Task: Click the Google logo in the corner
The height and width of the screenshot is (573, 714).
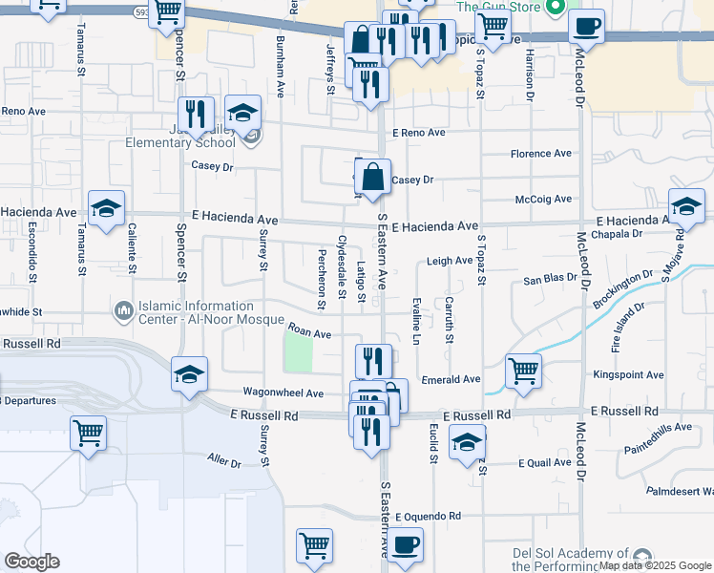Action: click(32, 562)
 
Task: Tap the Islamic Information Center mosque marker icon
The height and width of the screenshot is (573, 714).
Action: click(122, 311)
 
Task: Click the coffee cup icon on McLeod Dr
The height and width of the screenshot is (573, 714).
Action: click(586, 26)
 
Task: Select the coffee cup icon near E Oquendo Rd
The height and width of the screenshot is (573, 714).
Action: click(405, 545)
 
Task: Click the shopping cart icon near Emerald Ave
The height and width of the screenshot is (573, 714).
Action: click(523, 371)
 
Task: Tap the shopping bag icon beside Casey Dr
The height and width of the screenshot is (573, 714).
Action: click(371, 177)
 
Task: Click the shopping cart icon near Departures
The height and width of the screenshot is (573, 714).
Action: click(88, 432)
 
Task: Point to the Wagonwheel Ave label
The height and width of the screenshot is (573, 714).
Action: click(283, 393)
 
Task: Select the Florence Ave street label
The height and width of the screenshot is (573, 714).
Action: click(540, 154)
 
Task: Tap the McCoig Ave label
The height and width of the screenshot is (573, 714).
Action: click(543, 199)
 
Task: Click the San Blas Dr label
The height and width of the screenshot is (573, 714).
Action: click(551, 280)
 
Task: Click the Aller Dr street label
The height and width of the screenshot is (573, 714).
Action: click(224, 462)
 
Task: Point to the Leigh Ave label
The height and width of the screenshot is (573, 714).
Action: click(450, 261)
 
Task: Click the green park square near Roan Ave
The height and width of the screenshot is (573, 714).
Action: click(299, 355)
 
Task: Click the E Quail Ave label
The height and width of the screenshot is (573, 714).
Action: click(545, 463)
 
